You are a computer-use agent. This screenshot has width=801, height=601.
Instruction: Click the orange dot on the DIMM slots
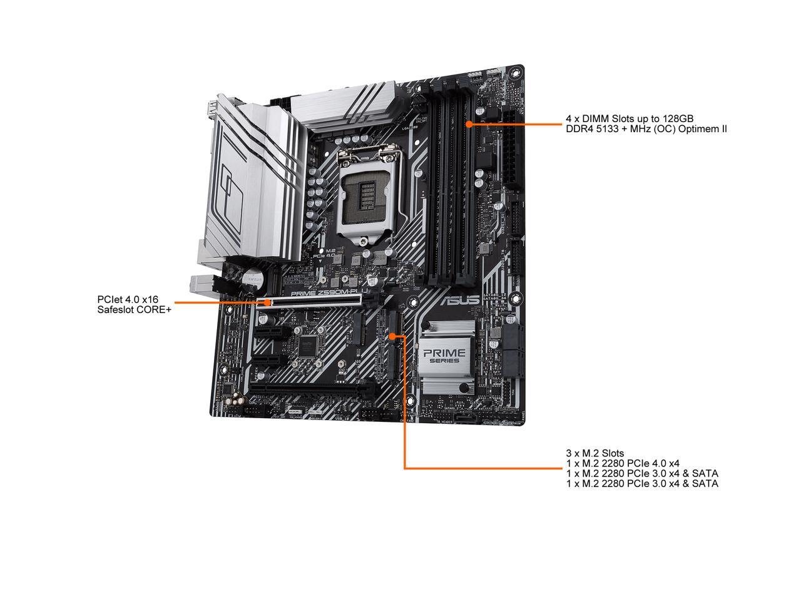(x=469, y=124)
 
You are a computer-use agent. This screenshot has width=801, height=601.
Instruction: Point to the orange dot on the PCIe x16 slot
(x=268, y=302)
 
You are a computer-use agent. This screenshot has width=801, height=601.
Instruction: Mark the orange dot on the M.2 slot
(x=392, y=336)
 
